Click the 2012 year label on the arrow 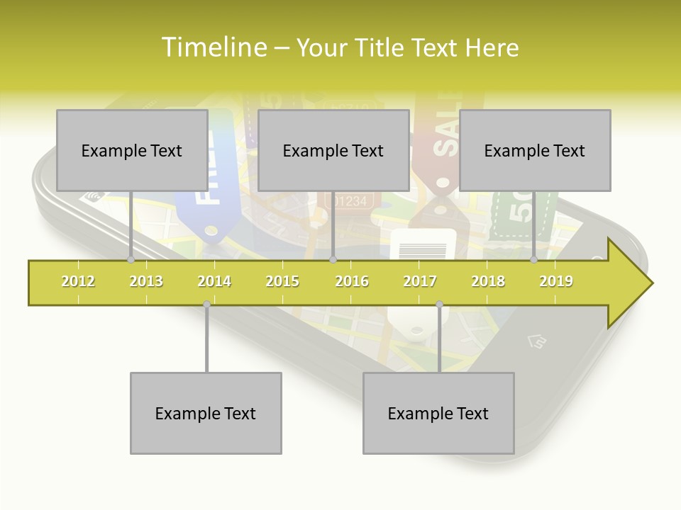78,281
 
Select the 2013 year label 146,281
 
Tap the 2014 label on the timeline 214,281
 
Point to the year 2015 282,281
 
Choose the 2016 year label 352,281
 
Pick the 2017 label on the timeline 420,281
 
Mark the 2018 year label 488,281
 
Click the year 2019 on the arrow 556,281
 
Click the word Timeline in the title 213,47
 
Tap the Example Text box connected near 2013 132,150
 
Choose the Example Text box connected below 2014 206,413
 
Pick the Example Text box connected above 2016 333,150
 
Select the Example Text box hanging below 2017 438,413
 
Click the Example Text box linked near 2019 535,150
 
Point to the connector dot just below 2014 206,304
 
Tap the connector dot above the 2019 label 534,259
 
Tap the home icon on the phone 537,342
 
